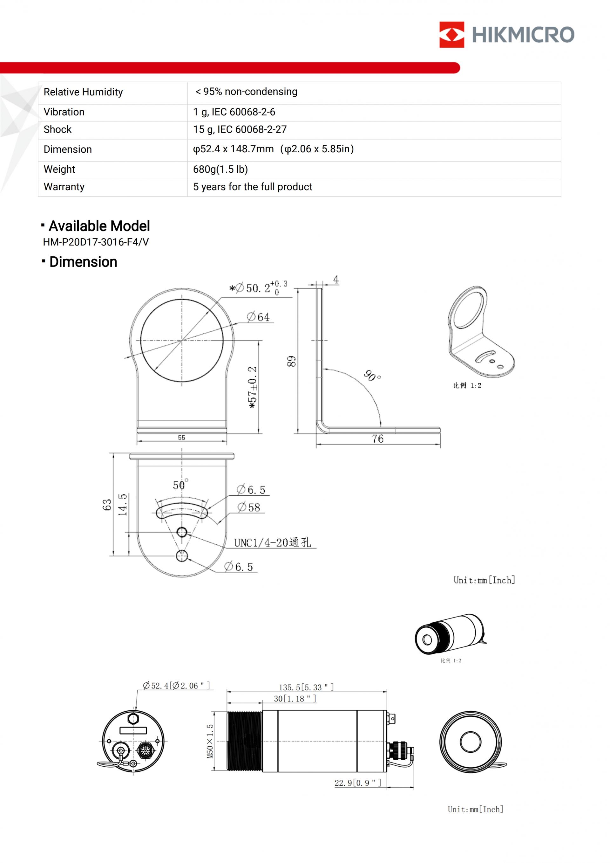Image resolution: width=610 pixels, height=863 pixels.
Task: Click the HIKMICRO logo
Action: (506, 35)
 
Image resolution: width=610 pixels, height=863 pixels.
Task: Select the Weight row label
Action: (59, 169)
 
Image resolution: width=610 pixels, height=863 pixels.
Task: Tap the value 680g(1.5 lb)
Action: (220, 169)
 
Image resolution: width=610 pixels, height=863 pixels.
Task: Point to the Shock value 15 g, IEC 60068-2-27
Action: (240, 129)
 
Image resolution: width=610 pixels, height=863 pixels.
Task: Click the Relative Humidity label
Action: (83, 92)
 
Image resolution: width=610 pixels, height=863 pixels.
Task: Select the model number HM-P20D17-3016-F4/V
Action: (96, 242)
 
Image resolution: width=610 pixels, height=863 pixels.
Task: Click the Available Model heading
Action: (99, 226)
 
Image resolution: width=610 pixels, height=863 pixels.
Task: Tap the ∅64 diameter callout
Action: (258, 317)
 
